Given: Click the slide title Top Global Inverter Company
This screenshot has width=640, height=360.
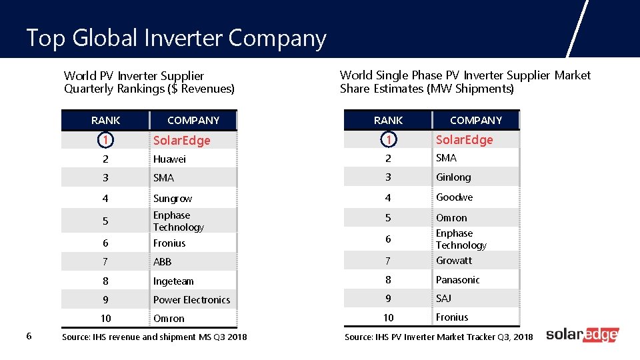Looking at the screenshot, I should (176, 39).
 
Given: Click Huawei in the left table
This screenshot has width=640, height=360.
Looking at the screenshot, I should (169, 159).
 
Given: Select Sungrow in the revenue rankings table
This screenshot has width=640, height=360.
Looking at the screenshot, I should (172, 199).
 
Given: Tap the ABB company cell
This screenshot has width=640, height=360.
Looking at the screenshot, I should (163, 262).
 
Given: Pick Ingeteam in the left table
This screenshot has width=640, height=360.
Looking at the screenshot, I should (173, 281).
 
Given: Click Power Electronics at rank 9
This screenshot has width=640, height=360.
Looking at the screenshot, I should (191, 300).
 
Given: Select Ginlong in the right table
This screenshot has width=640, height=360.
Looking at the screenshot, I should (453, 177).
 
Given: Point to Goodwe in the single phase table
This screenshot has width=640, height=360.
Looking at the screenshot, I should (454, 197).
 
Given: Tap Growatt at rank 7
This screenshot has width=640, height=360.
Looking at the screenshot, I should (453, 261).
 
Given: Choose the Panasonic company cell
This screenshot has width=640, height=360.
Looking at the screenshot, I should (457, 280).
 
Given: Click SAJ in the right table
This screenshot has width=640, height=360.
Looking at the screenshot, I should (443, 298).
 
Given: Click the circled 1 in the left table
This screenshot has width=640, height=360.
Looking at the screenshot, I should (105, 140).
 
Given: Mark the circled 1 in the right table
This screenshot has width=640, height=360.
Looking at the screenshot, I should (388, 139).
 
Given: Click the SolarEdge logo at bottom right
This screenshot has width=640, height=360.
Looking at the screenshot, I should (582, 335).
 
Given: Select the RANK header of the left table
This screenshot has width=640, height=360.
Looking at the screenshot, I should (105, 121).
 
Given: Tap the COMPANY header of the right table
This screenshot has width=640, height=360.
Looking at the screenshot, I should (475, 121).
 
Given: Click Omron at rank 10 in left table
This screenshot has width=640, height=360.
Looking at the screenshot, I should (169, 319).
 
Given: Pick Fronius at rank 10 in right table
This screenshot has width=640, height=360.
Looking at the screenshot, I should (452, 317).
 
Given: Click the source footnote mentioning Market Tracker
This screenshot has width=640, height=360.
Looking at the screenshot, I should (438, 337).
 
